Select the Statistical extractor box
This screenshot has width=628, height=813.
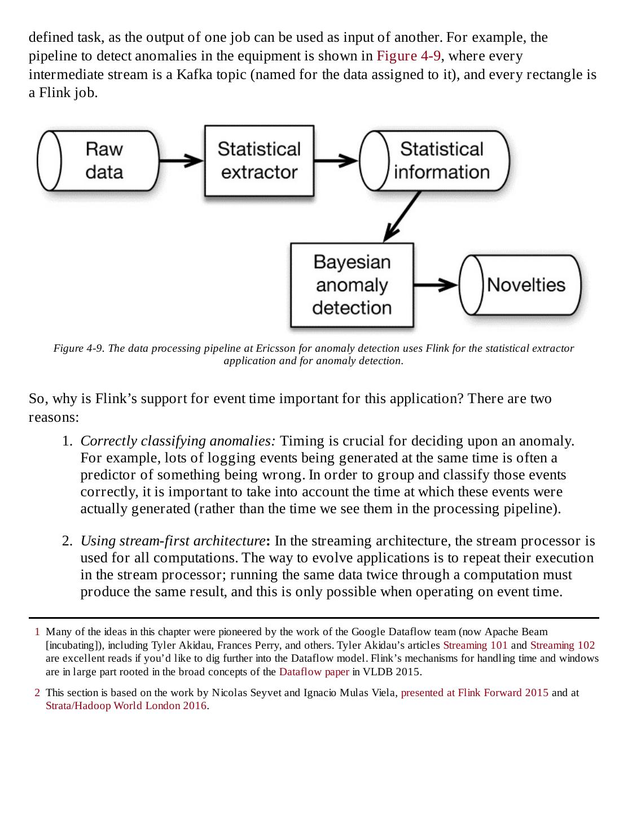point(259,161)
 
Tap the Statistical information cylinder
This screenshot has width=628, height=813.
point(434,161)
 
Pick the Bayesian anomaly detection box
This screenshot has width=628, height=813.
point(352,285)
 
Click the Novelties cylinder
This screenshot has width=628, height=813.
point(520,285)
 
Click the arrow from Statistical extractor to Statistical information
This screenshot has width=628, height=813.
point(336,161)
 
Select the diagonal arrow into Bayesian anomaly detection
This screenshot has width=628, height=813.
point(402,217)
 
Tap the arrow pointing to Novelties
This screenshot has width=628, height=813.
point(436,285)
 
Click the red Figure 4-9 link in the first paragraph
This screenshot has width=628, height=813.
point(409,56)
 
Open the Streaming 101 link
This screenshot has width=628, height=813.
point(475,645)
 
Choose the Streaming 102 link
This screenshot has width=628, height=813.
point(562,645)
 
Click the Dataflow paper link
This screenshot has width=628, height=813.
point(314,672)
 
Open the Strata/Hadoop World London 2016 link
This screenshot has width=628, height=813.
point(126,706)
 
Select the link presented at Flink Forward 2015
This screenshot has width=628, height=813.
point(474,693)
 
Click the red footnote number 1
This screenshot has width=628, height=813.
point(37,632)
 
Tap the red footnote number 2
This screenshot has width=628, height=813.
point(37,693)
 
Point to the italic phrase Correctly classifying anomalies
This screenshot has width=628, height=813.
point(178,441)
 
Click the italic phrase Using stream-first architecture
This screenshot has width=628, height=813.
point(173,541)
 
